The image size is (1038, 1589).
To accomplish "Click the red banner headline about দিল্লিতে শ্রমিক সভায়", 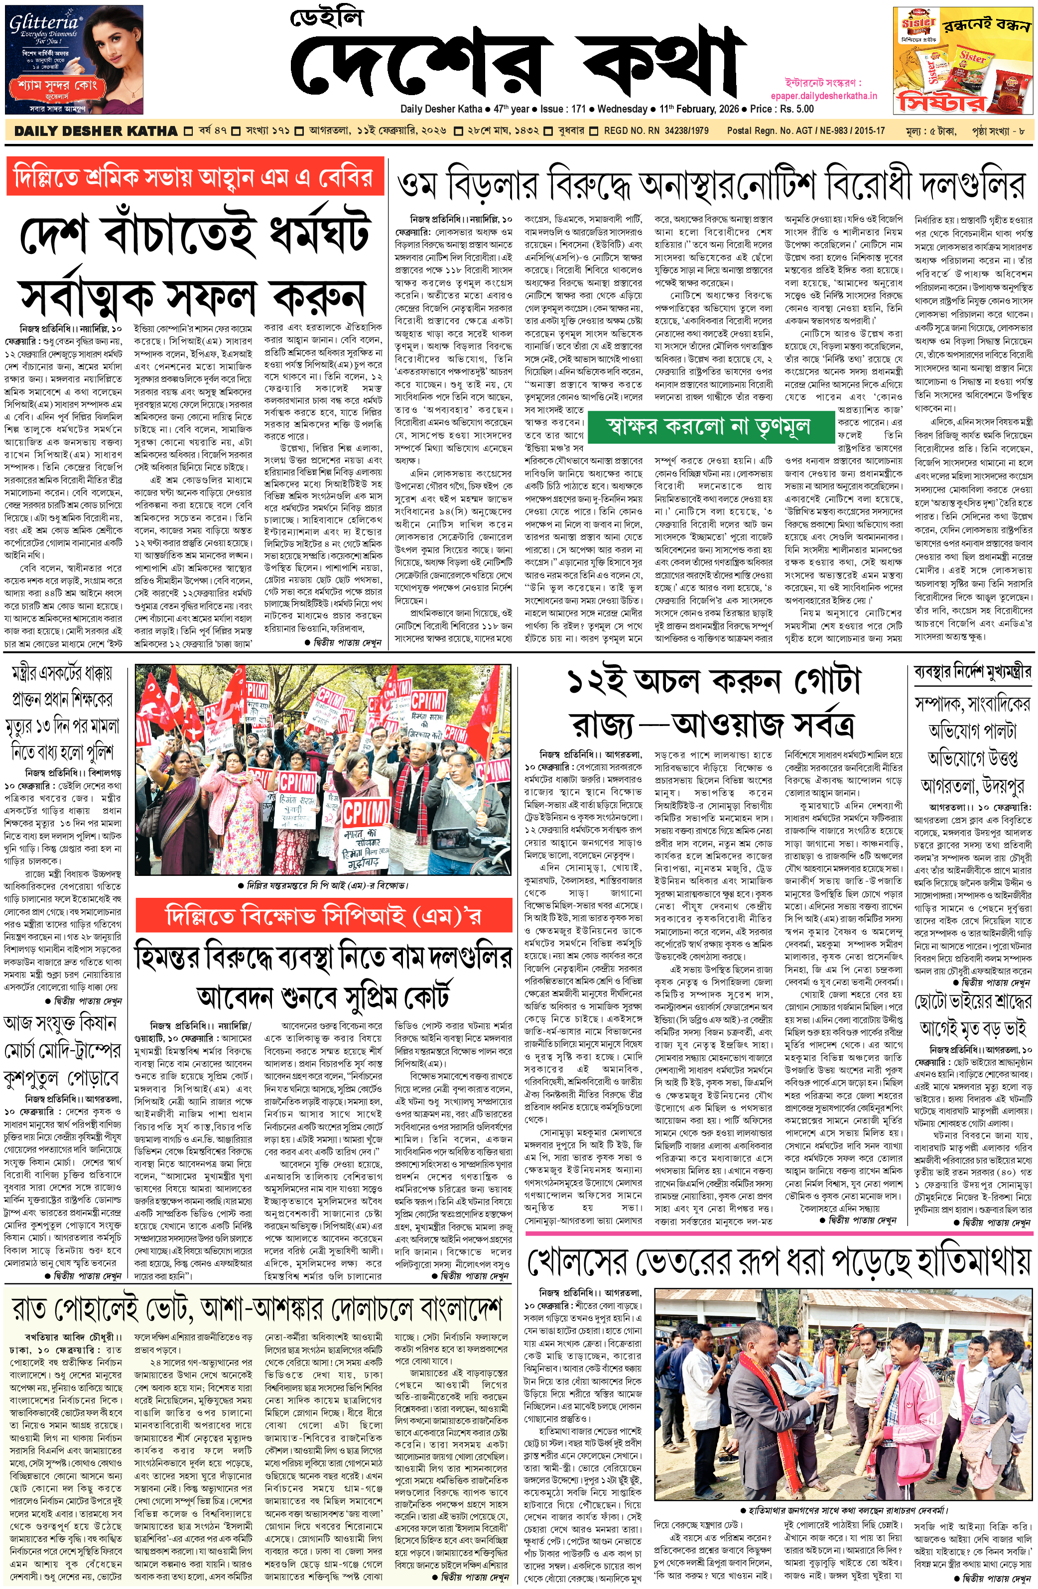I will pyautogui.click(x=195, y=178).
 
